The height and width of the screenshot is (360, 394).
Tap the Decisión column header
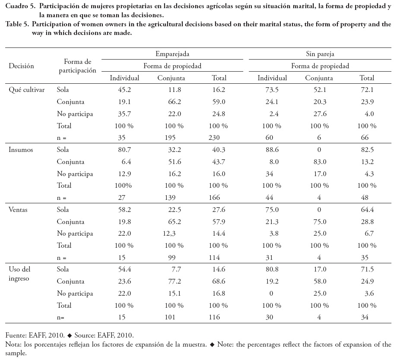21,66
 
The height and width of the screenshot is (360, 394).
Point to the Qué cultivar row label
27,90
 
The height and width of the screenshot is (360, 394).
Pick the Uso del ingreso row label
20,273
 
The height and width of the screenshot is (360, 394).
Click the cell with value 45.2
124,90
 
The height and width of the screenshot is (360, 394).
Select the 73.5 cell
272,90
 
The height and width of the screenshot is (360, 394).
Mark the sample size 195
171,138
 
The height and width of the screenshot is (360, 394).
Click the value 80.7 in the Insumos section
124,149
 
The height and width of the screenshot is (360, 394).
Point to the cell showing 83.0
319,161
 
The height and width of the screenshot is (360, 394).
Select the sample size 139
171,198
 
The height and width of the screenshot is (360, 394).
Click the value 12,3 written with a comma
171,234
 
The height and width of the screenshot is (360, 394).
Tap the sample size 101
171,317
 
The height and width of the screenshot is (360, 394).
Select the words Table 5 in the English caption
17,25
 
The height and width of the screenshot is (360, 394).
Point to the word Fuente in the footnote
15,335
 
